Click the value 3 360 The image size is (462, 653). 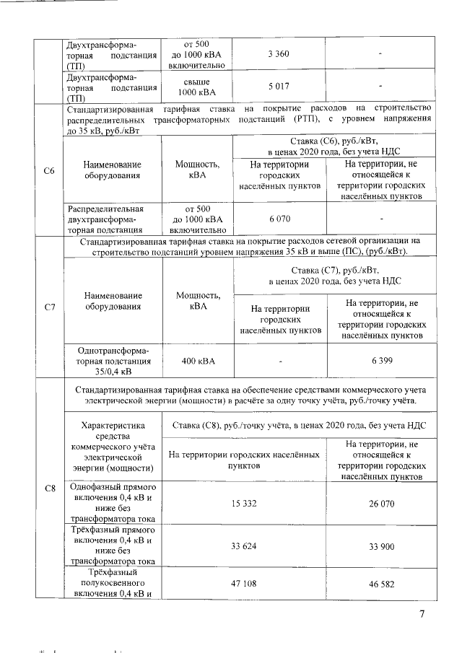click(x=279, y=54)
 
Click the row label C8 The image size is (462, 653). click(x=50, y=489)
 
